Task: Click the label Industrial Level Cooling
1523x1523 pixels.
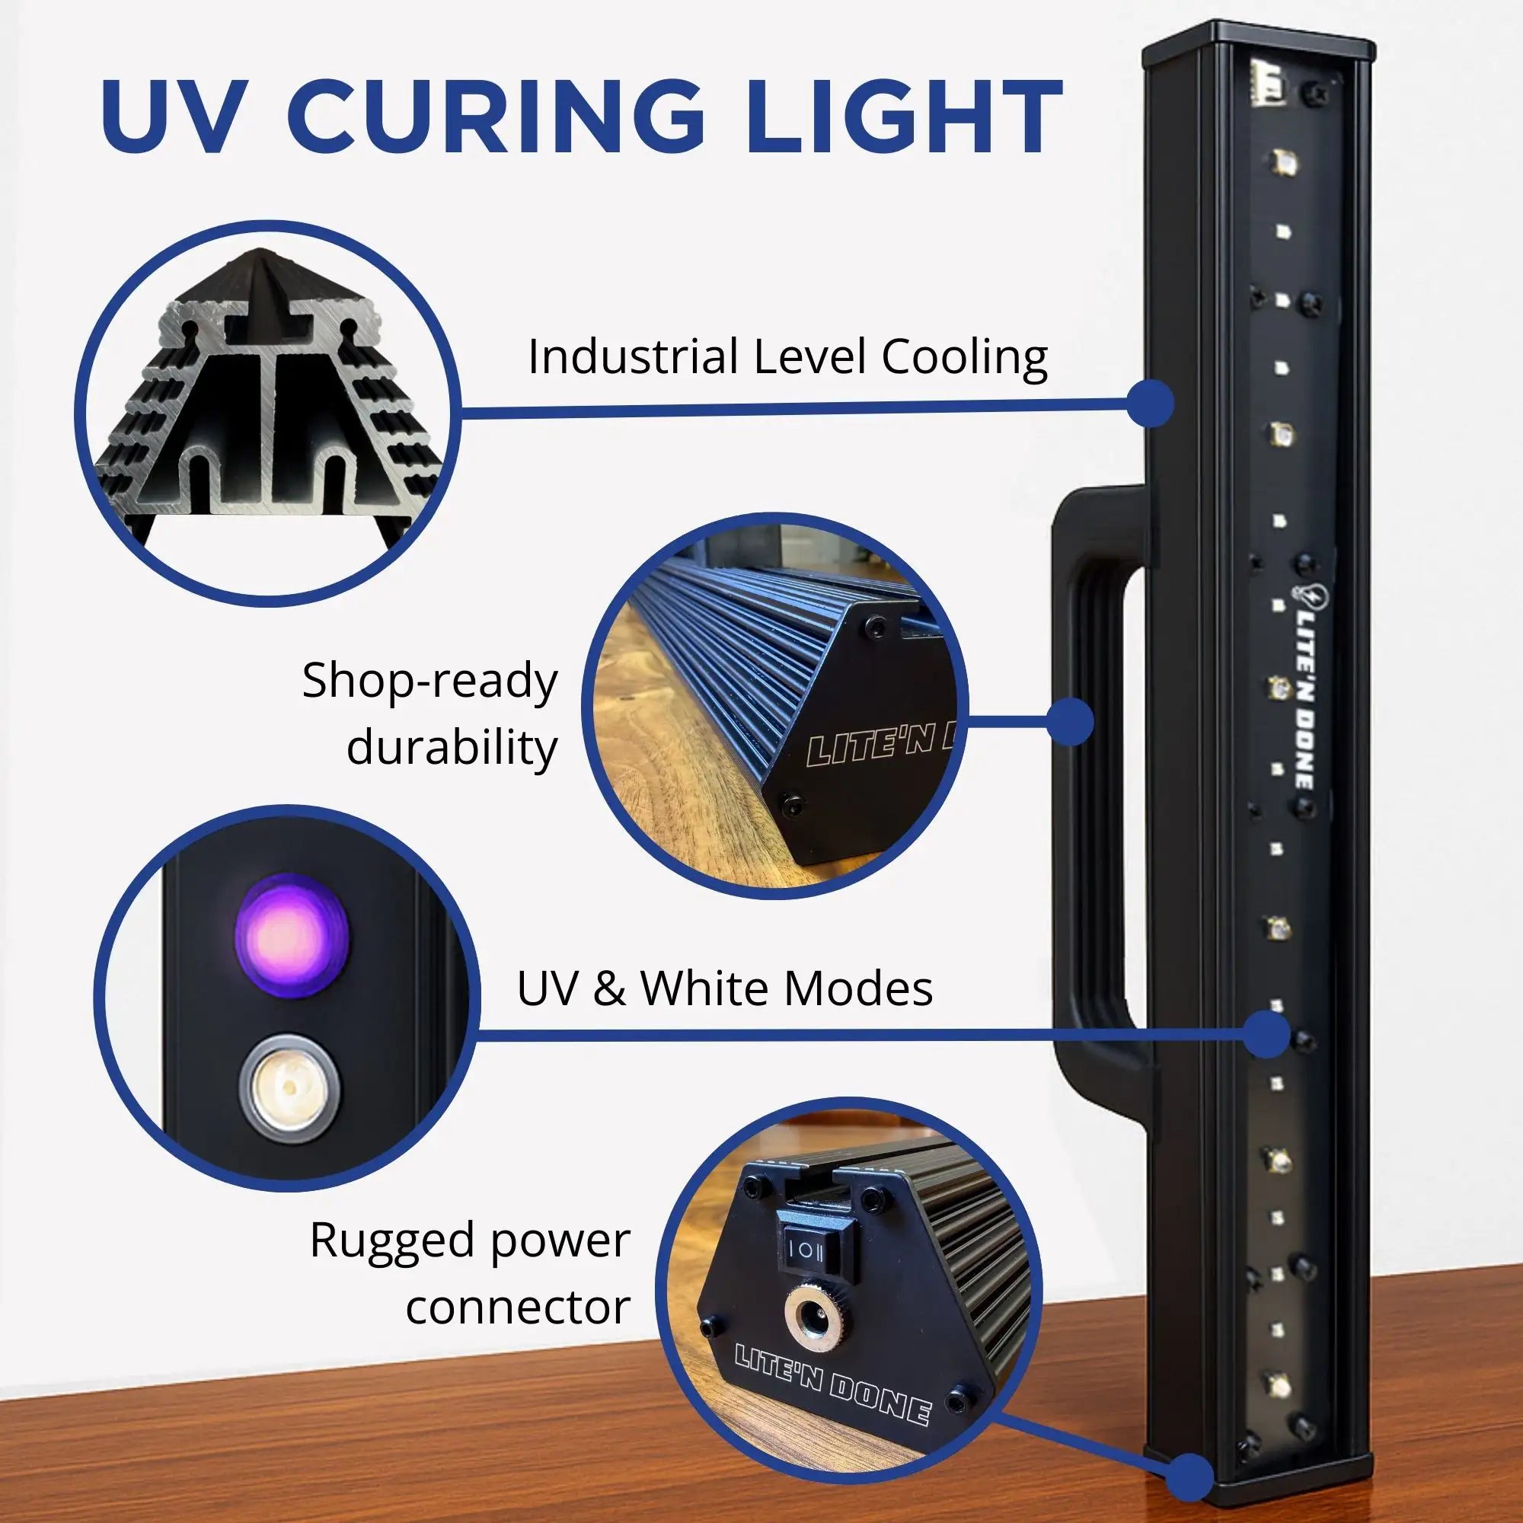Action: point(787,357)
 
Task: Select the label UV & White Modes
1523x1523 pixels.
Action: point(724,988)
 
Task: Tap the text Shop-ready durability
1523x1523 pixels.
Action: point(429,714)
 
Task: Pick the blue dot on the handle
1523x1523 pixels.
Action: point(1071,719)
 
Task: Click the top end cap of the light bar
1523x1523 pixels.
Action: point(1260,37)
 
